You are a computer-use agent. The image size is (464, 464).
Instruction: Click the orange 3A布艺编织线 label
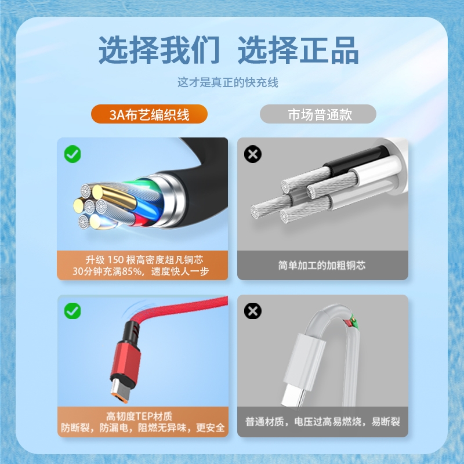click(149, 114)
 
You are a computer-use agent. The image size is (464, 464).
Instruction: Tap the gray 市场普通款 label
click(318, 114)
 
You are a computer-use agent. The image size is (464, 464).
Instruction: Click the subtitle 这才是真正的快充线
click(228, 82)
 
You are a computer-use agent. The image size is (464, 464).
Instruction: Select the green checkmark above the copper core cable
click(72, 154)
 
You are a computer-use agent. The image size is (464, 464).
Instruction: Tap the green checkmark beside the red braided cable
click(72, 311)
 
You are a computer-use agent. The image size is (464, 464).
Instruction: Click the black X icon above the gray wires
click(253, 154)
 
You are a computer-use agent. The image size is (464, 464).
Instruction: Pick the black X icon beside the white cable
click(253, 311)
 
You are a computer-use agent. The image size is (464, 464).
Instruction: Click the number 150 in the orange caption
click(115, 260)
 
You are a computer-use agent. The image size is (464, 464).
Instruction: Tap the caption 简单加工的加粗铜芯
click(322, 266)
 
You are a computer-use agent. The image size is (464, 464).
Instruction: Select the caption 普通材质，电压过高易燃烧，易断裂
click(322, 422)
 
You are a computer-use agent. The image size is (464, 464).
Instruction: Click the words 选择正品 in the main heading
click(298, 50)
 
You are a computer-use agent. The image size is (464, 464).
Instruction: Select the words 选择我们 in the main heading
click(159, 50)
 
